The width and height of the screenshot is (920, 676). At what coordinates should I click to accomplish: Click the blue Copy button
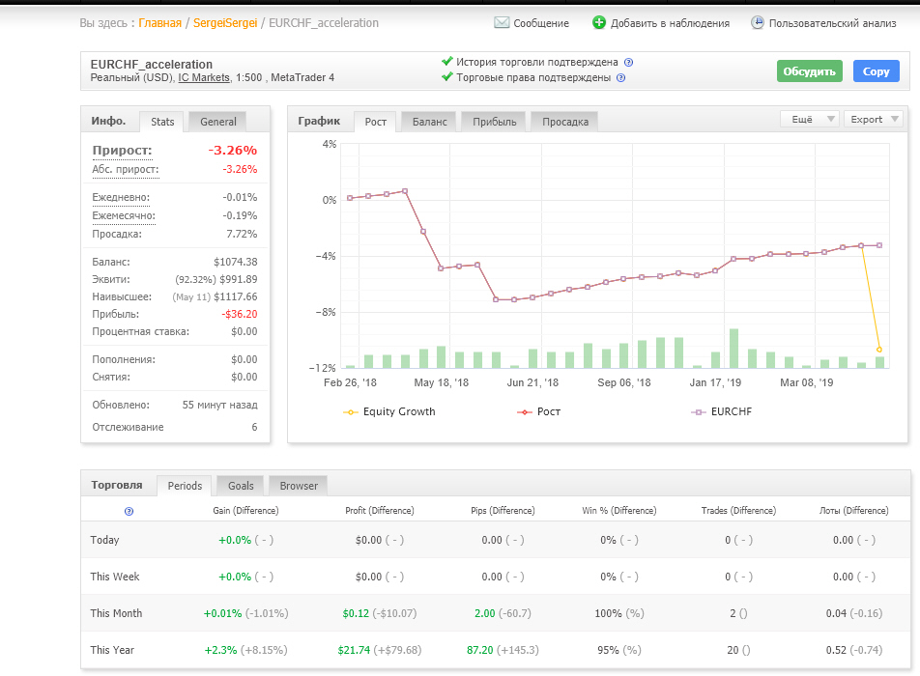pos(876,71)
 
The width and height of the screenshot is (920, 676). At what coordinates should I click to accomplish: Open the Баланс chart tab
pos(429,122)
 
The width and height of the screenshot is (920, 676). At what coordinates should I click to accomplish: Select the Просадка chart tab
pos(565,122)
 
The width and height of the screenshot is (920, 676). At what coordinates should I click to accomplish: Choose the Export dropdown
pos(874,119)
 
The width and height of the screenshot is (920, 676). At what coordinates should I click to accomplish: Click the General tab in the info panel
pos(218,122)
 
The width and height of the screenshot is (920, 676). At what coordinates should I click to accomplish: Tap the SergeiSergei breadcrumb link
pos(225,23)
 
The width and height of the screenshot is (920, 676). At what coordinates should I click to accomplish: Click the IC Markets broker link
pos(204,77)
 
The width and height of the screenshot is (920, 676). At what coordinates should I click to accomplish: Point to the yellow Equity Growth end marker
pos(879,350)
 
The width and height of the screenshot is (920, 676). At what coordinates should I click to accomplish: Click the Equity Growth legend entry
pos(389,411)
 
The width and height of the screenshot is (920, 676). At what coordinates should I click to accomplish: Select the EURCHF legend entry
pos(721,411)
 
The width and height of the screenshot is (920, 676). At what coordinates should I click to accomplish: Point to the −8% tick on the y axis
pos(326,312)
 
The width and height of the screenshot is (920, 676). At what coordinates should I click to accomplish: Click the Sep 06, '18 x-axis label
pos(623,382)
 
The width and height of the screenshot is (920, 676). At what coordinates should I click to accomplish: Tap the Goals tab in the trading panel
pos(241,486)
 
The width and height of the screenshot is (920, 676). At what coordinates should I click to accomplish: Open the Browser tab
pos(298,486)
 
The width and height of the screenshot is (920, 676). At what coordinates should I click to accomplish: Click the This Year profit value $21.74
pos(354,650)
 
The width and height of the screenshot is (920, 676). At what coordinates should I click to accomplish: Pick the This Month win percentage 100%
pos(608,613)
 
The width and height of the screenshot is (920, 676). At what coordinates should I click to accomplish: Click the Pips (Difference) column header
pos(503,510)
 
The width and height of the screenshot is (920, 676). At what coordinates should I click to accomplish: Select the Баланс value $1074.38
pos(235,262)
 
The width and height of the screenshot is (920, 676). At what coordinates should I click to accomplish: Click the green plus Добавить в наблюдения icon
pos(598,23)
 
